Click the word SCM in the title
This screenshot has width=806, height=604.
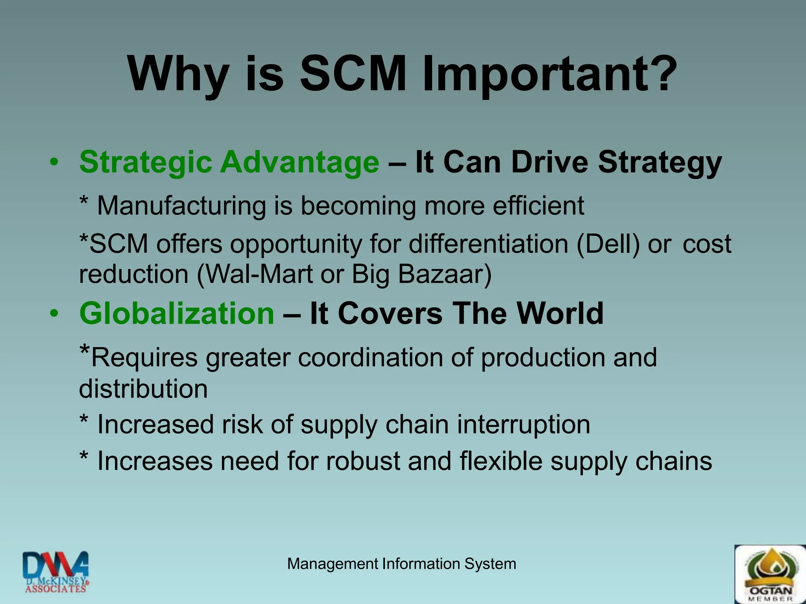pyautogui.click(x=353, y=74)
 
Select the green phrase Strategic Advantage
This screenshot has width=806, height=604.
pyautogui.click(x=229, y=162)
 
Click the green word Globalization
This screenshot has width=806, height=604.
pyautogui.click(x=177, y=313)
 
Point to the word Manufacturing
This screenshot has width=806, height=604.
pyautogui.click(x=181, y=206)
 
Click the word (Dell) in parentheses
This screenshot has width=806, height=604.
pyautogui.click(x=608, y=244)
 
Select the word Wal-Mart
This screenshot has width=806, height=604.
pyautogui.click(x=255, y=274)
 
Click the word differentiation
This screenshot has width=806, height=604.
pyautogui.click(x=488, y=244)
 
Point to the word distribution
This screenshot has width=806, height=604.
pyautogui.click(x=143, y=389)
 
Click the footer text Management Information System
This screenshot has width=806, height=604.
pyautogui.click(x=401, y=564)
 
